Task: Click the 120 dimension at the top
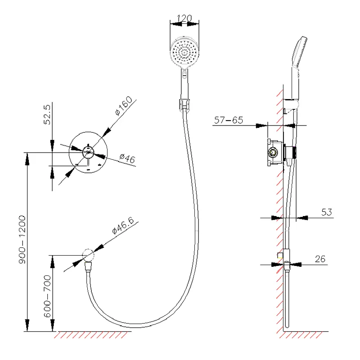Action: click(x=184, y=18)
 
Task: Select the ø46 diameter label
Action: click(x=127, y=158)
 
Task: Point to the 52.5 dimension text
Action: click(x=47, y=115)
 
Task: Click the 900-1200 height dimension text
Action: click(x=22, y=239)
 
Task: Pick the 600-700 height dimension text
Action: click(x=47, y=296)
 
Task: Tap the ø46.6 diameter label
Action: click(x=123, y=225)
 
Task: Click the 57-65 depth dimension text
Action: click(x=229, y=120)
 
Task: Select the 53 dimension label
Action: click(x=327, y=212)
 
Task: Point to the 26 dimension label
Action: click(x=320, y=259)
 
